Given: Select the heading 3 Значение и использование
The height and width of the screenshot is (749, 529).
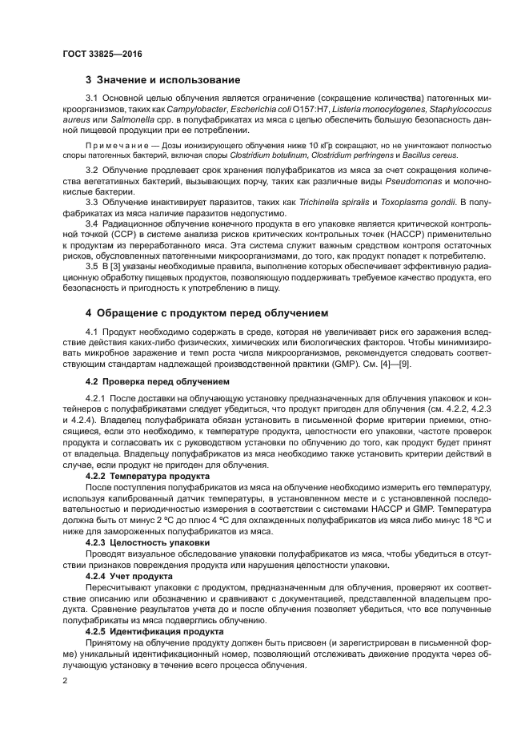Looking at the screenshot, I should [x=162, y=80].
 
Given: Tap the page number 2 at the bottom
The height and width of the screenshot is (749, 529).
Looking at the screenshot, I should [x=65, y=681].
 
